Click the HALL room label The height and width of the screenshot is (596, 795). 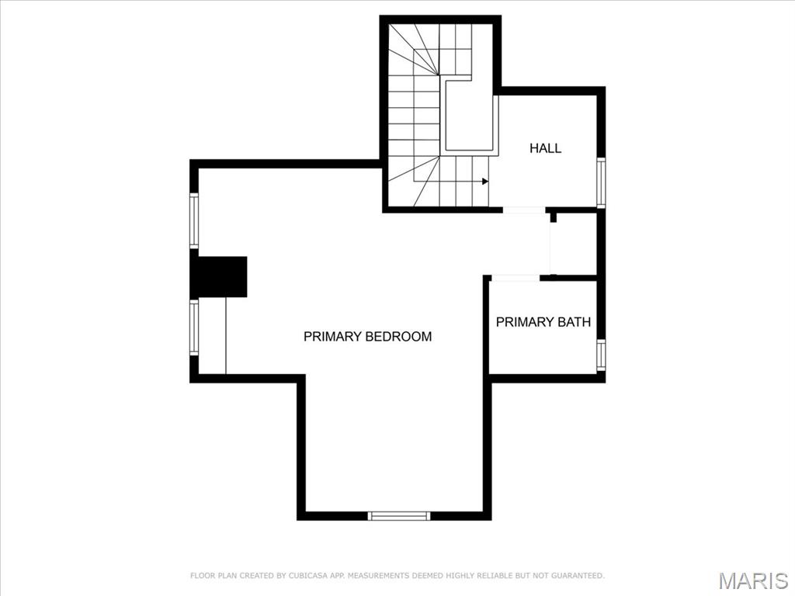pyautogui.click(x=545, y=148)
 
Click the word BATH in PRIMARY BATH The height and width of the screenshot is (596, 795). pyautogui.click(x=574, y=322)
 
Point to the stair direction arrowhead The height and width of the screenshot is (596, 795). pyautogui.click(x=485, y=181)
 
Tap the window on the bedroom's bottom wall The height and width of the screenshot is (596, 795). pyautogui.click(x=399, y=516)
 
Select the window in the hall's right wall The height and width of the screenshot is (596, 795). pyautogui.click(x=601, y=182)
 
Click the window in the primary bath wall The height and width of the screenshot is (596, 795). pyautogui.click(x=601, y=354)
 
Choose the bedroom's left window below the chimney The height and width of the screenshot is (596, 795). pyautogui.click(x=193, y=327)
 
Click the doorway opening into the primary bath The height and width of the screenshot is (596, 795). pyautogui.click(x=516, y=278)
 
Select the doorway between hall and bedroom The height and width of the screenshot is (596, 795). pyautogui.click(x=524, y=210)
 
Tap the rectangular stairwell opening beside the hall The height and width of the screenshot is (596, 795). pyautogui.click(x=469, y=115)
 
